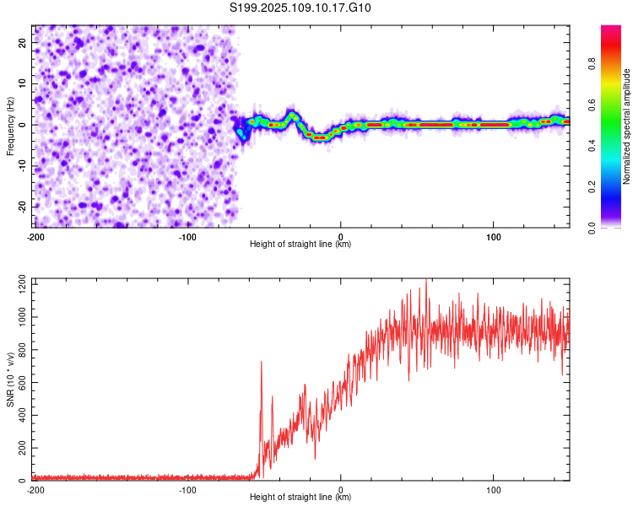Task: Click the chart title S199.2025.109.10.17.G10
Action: pos(300,8)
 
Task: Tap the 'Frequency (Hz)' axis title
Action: pos(10,126)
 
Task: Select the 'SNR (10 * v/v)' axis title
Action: pos(10,379)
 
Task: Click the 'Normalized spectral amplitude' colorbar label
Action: pos(626,126)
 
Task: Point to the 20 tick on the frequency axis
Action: pos(23,43)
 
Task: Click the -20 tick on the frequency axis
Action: pos(23,207)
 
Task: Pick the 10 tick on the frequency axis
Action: pos(23,83)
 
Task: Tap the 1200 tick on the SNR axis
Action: pos(23,284)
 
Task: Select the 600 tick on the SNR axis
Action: pos(23,382)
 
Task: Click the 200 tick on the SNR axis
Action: pos(23,448)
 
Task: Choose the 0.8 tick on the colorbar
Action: pos(592,64)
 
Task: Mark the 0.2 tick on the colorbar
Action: pos(592,187)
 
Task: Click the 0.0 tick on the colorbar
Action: pos(592,228)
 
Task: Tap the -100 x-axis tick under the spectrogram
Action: pos(187,237)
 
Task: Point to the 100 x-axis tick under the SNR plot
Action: pos(494,490)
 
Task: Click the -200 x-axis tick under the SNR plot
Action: pos(35,490)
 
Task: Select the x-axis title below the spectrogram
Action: pos(300,244)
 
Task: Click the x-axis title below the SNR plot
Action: pos(300,497)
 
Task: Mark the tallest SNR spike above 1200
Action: pos(426,281)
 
